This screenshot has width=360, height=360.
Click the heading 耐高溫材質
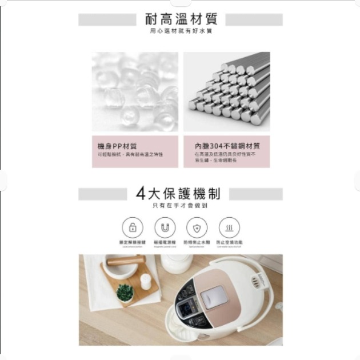tap(181, 20)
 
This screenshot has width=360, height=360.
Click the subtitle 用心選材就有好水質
tap(181, 31)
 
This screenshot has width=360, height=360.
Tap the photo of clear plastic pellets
tap(135, 91)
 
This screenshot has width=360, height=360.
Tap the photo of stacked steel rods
tap(226, 91)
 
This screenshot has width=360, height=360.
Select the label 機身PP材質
tap(117, 146)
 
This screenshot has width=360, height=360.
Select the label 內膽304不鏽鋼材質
tap(227, 146)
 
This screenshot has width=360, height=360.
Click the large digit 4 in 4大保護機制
tap(141, 194)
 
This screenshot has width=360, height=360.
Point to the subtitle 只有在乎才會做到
tap(180, 206)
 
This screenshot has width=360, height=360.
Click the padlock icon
tap(133, 227)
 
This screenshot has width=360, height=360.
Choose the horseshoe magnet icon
tap(165, 227)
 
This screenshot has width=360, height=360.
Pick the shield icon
tap(197, 227)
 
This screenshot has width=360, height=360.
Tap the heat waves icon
tap(229, 227)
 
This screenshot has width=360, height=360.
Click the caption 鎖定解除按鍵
tap(133, 242)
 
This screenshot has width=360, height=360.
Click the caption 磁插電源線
tap(165, 242)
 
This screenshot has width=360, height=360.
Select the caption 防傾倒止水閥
tap(197, 242)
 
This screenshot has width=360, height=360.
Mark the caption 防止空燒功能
tap(229, 242)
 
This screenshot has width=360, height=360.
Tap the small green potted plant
tap(125, 293)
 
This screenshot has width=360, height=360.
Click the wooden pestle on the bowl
tap(126, 261)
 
